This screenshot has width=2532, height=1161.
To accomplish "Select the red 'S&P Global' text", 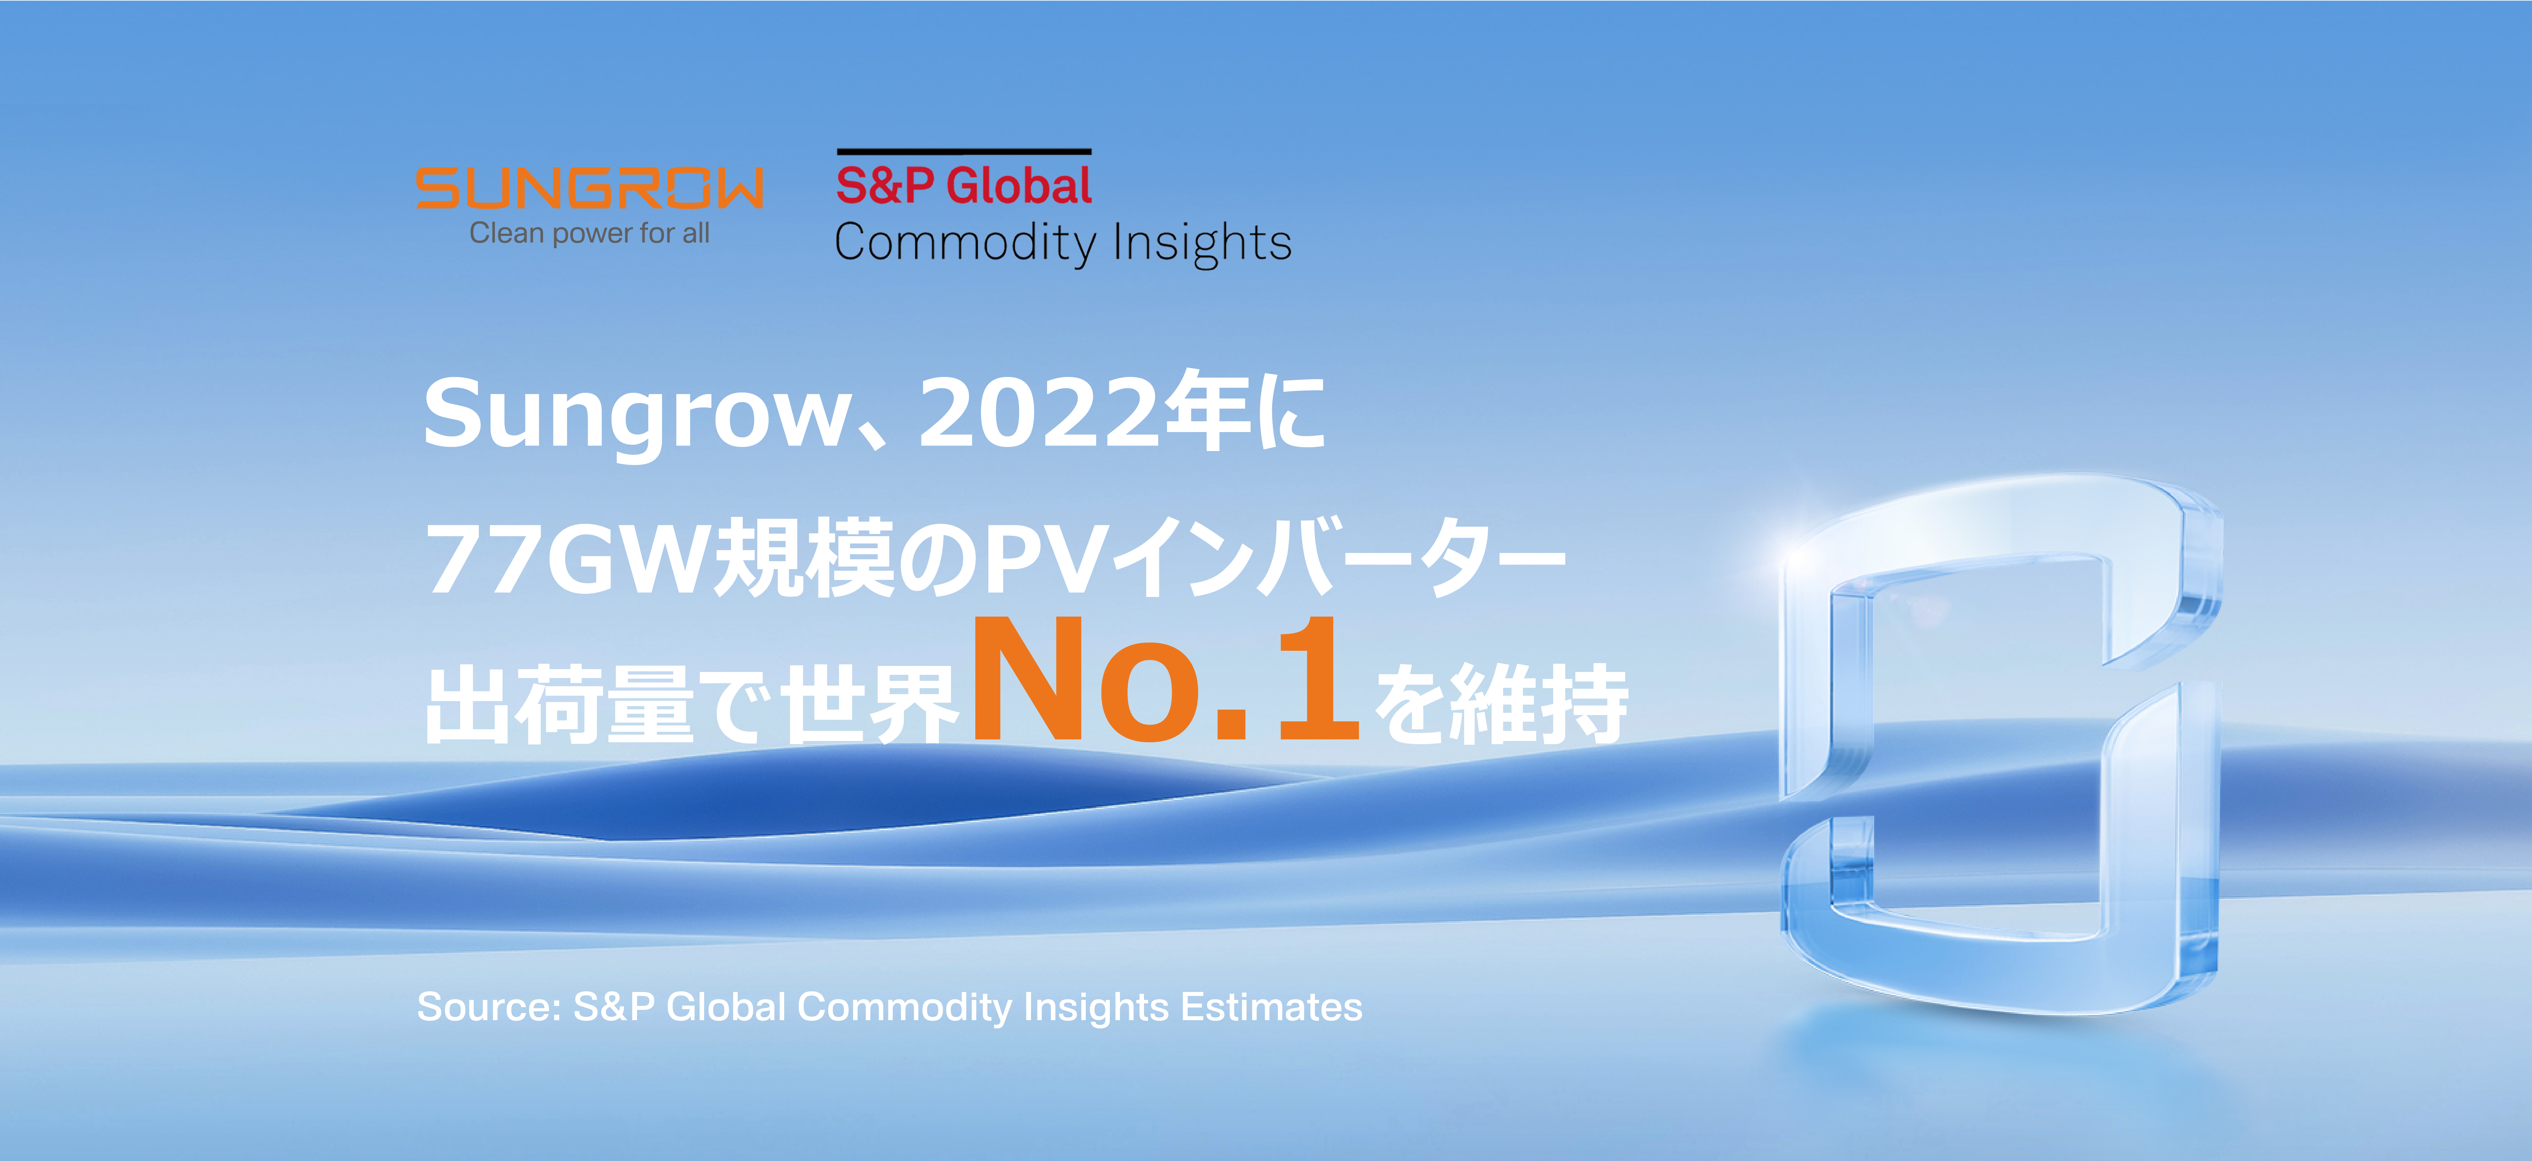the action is click(963, 186).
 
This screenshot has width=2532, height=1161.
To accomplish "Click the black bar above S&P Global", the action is click(963, 151).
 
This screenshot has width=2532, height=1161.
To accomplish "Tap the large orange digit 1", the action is click(1319, 678).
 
